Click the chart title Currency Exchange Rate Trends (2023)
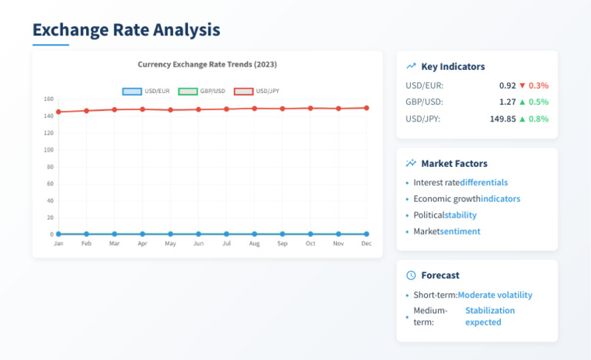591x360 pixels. [x=207, y=65]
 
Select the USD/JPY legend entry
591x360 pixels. [x=257, y=92]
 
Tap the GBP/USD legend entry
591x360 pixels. [x=202, y=92]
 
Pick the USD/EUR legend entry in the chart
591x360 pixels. [x=146, y=92]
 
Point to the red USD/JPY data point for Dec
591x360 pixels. [x=366, y=108]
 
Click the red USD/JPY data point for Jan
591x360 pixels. [x=58, y=112]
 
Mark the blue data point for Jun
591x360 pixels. [x=199, y=234]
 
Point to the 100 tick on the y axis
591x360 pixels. [x=48, y=150]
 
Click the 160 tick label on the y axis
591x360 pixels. [x=48, y=98]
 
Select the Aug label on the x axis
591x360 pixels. [x=255, y=244]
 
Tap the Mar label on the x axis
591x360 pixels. [x=114, y=244]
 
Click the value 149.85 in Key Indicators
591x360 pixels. [x=503, y=118]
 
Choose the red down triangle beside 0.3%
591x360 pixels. [x=523, y=85]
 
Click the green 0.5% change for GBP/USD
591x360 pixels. [x=539, y=102]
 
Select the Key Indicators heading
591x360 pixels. [x=453, y=67]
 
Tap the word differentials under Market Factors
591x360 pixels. [x=484, y=182]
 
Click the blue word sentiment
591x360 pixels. [x=460, y=231]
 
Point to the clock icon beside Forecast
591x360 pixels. [x=411, y=275]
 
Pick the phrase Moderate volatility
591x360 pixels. [x=495, y=295]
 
